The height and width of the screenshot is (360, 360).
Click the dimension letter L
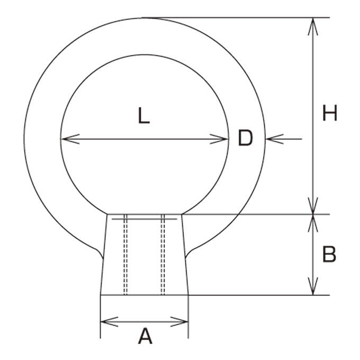pos(144,116)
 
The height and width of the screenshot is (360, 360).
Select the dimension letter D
pos(246,138)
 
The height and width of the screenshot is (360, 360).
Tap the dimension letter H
pos(330,113)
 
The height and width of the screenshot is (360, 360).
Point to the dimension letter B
pos(329,254)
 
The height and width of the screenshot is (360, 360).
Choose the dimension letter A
pos(145,336)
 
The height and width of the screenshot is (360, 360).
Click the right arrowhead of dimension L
pos(219,139)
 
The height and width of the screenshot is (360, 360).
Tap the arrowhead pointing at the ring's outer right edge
pos(275,139)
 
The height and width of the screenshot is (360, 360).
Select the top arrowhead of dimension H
pos(313,26)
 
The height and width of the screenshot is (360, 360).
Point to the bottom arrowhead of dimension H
pos(313,205)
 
